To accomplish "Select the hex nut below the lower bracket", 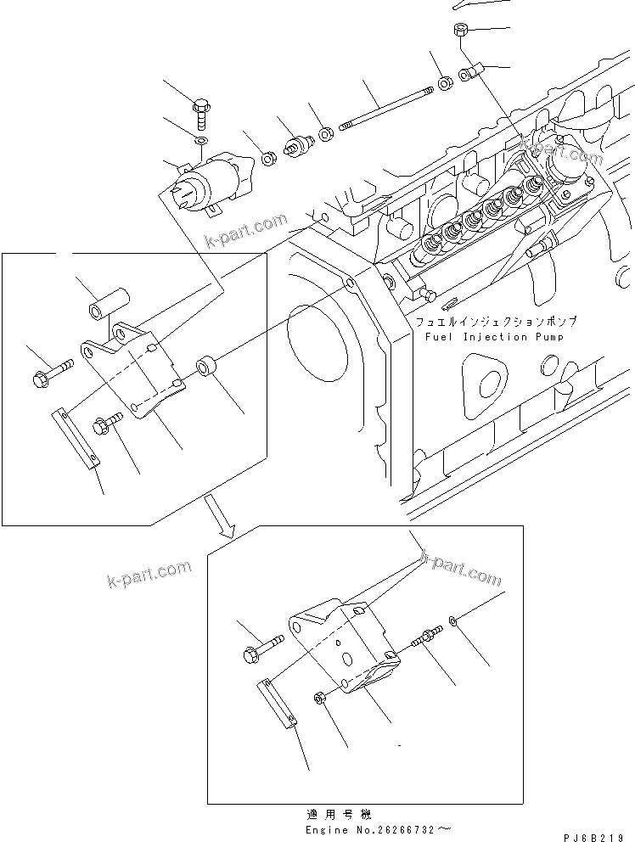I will tap(320, 698).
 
